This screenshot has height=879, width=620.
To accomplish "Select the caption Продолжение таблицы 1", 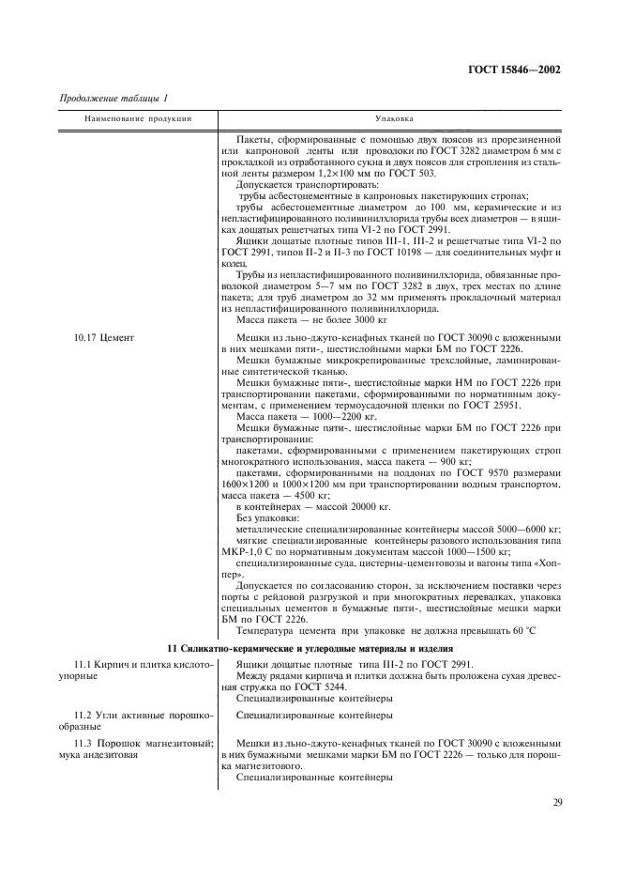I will pyautogui.click(x=113, y=99).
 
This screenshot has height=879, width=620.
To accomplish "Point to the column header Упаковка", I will pyautogui.click(x=393, y=119).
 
